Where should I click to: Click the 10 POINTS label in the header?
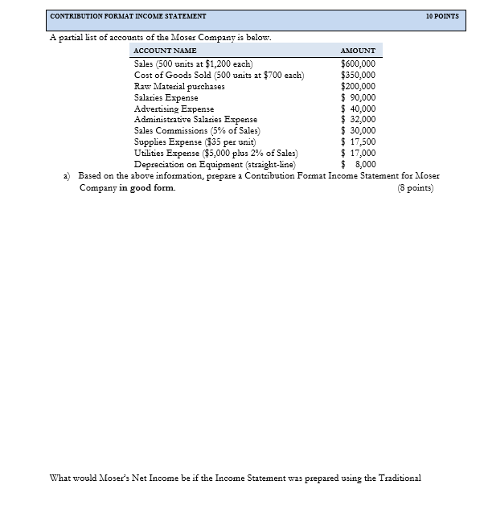tap(443, 16)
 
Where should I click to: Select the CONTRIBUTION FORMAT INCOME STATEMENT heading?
tap(128, 16)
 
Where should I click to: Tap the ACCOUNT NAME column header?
tap(164, 51)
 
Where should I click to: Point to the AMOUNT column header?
tap(358, 51)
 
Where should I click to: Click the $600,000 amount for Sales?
tap(358, 64)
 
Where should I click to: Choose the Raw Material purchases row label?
tap(179, 86)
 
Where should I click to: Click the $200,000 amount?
tap(358, 86)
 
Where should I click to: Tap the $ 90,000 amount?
tap(359, 97)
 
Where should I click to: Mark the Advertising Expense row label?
tap(174, 109)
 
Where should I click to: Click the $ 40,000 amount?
tap(359, 109)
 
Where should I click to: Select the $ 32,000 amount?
tap(359, 119)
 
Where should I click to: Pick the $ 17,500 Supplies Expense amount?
tap(359, 142)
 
